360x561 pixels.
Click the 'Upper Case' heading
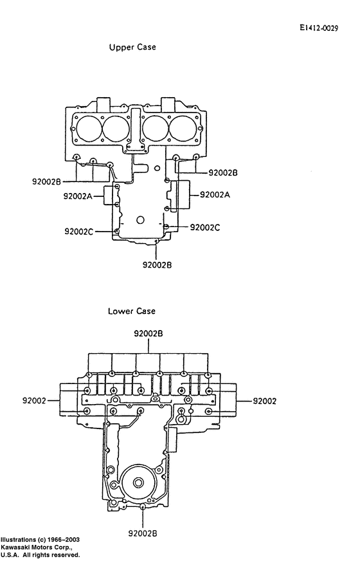(x=132, y=48)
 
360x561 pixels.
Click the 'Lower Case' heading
(x=132, y=311)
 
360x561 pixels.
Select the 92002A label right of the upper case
(x=215, y=194)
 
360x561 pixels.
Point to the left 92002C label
(x=79, y=231)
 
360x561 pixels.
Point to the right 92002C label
(x=205, y=227)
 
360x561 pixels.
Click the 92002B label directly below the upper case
(x=157, y=264)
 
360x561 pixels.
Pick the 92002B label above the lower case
(x=148, y=334)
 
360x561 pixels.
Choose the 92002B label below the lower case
(x=143, y=533)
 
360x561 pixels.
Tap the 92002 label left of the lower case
(x=34, y=400)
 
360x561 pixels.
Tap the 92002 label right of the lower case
(x=264, y=400)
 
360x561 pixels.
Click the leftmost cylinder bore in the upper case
(x=87, y=129)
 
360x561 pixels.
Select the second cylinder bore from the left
(x=116, y=129)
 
